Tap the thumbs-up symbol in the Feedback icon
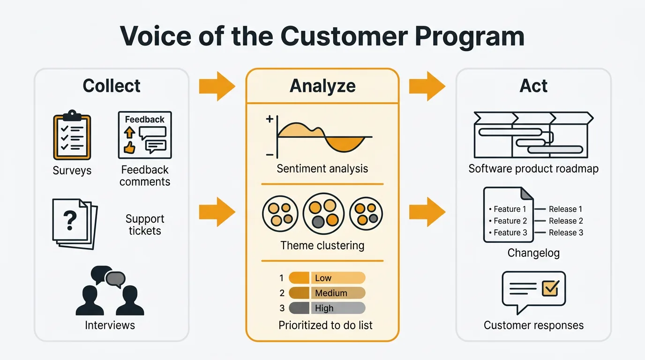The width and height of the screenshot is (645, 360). click(x=129, y=148)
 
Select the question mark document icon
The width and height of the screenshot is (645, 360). click(x=74, y=222)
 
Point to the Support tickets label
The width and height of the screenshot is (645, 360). click(x=145, y=225)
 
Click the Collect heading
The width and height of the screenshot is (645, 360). click(x=112, y=86)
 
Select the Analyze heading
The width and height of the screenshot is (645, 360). click(x=322, y=86)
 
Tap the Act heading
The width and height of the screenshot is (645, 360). click(x=533, y=86)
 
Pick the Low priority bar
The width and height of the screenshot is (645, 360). click(x=327, y=278)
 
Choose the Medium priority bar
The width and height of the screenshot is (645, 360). click(x=327, y=293)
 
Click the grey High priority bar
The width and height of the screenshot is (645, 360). click(x=327, y=308)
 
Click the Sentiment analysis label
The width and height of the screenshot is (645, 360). click(x=322, y=169)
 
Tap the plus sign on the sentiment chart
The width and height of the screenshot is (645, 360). click(x=270, y=119)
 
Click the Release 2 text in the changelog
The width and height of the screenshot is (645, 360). click(x=566, y=221)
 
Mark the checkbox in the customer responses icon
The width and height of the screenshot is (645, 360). click(x=549, y=288)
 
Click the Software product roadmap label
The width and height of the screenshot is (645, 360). click(x=533, y=169)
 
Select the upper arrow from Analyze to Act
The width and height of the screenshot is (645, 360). click(x=427, y=86)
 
